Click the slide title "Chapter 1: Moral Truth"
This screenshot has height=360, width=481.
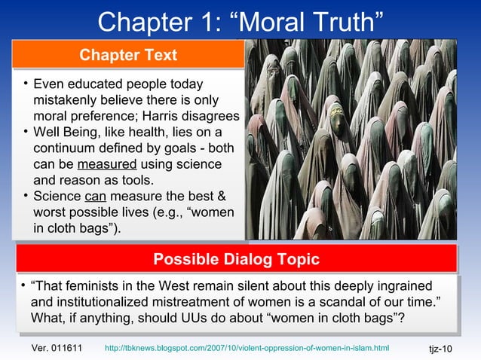(x=240, y=22)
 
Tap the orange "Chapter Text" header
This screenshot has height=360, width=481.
(x=128, y=55)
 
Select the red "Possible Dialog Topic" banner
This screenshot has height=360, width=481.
(x=236, y=260)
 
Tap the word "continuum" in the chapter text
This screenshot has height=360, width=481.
(x=64, y=149)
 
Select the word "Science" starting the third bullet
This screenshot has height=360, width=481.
(x=57, y=197)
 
